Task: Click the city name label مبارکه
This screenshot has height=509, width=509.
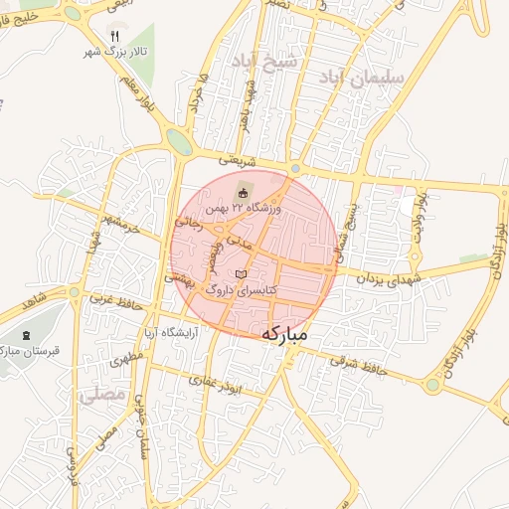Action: [299, 336]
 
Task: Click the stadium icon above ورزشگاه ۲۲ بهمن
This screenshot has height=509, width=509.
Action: [244, 192]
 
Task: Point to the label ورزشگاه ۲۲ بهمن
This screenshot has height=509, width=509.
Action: [245, 209]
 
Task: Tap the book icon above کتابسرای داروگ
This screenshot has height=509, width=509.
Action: [241, 271]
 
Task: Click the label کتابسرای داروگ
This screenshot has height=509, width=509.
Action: [240, 288]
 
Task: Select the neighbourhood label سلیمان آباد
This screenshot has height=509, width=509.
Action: [370, 76]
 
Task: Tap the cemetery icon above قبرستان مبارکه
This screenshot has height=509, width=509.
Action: [26, 334]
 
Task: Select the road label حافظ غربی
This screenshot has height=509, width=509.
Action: [110, 297]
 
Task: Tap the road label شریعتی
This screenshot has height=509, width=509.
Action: [236, 159]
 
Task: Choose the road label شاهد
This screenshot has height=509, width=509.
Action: [32, 297]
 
